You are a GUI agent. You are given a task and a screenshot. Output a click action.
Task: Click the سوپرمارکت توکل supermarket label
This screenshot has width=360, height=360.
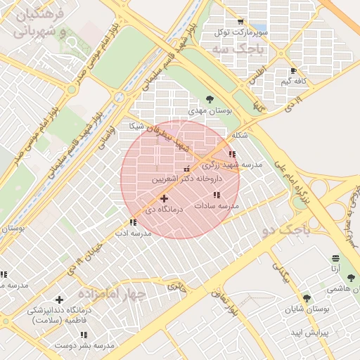(243, 32)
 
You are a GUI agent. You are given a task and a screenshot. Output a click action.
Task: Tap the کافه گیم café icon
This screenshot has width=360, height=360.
(294, 71)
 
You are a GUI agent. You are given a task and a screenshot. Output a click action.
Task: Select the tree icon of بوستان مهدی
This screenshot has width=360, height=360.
(209, 99)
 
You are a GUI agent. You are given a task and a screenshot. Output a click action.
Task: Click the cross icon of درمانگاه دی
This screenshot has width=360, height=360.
(165, 199)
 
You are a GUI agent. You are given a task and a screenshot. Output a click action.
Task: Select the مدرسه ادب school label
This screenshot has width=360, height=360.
(133, 233)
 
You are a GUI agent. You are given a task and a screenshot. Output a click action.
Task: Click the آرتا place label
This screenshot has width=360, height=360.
(336, 269)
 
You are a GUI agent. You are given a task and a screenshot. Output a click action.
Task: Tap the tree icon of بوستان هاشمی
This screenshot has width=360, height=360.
(351, 278)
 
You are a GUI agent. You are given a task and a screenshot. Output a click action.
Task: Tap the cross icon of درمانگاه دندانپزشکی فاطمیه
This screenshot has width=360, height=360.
(59, 300)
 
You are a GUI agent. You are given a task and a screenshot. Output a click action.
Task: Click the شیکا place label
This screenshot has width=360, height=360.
(136, 126)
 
